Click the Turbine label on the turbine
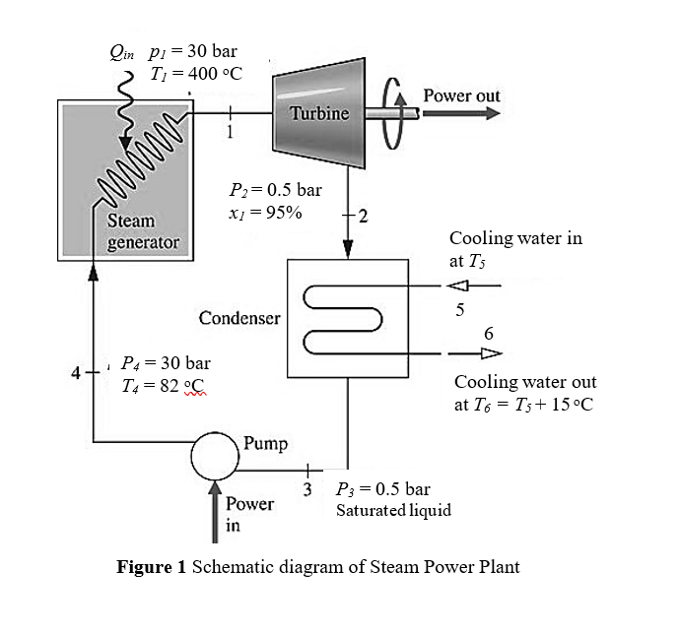point(319,113)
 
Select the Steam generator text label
point(143,231)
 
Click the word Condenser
point(239,318)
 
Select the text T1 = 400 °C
point(195,75)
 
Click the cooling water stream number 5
point(458,311)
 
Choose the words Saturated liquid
point(393,510)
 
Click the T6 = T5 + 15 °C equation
point(523,405)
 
